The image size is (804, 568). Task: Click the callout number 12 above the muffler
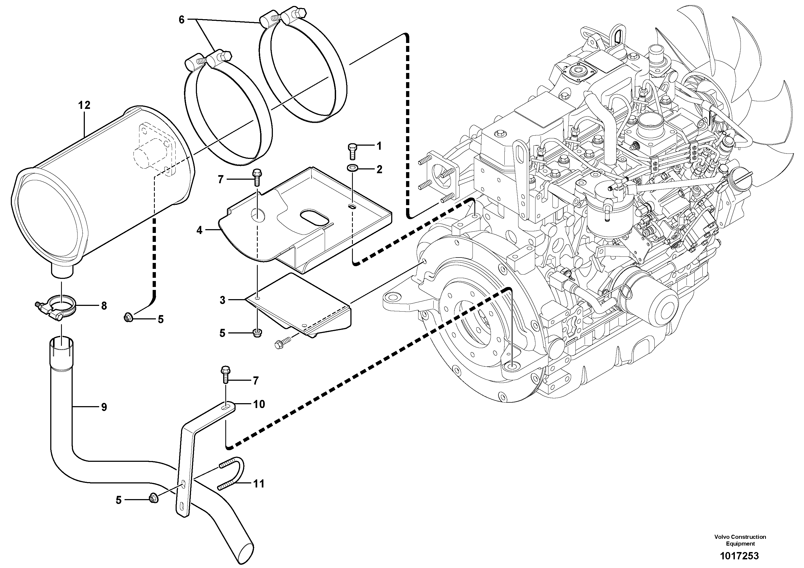pyautogui.click(x=84, y=105)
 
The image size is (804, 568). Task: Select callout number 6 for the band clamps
pyautogui.click(x=181, y=20)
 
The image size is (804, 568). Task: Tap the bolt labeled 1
pyautogui.click(x=352, y=152)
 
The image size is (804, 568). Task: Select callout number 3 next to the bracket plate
pyautogui.click(x=222, y=300)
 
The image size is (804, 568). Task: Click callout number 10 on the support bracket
pyautogui.click(x=259, y=404)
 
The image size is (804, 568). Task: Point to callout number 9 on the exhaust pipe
pyautogui.click(x=104, y=407)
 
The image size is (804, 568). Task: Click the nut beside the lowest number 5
pyautogui.click(x=153, y=498)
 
